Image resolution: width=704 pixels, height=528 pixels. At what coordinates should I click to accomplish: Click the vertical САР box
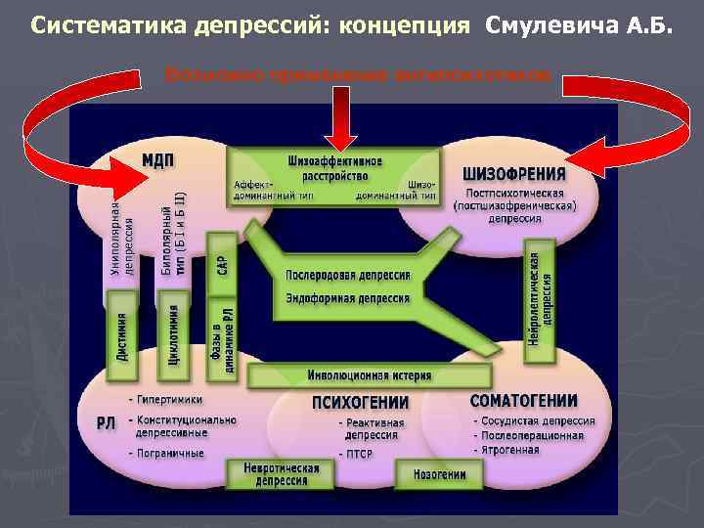[x=222, y=256]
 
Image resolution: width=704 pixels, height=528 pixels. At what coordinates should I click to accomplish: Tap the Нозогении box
[x=431, y=474]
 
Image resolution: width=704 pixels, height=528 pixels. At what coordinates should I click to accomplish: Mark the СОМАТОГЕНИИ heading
[x=523, y=401]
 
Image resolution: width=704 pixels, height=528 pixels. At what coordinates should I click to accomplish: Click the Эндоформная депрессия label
[x=347, y=297]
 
